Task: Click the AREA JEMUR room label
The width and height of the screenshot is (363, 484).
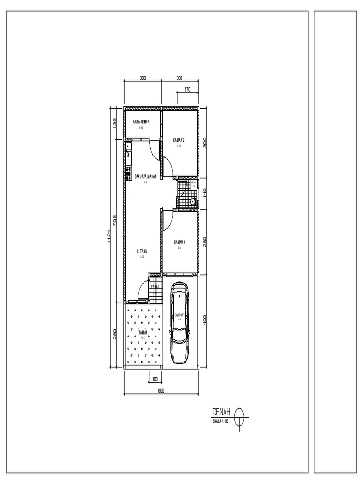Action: (x=141, y=121)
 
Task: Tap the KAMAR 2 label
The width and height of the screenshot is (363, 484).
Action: (x=179, y=140)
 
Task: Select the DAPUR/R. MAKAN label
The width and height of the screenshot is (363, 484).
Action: (x=146, y=176)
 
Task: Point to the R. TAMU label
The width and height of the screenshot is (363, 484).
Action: (x=142, y=251)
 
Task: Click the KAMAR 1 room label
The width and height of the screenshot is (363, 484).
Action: (x=180, y=242)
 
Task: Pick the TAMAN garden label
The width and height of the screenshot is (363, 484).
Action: (x=143, y=332)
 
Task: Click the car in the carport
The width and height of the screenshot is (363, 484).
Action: (x=180, y=322)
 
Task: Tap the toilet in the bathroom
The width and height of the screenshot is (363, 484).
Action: (x=193, y=202)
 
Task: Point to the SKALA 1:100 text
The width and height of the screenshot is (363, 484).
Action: (x=221, y=420)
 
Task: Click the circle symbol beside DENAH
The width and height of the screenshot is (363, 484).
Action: (x=240, y=414)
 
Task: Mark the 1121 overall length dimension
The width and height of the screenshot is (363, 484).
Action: (x=109, y=236)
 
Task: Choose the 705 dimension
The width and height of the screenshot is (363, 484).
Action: (x=115, y=220)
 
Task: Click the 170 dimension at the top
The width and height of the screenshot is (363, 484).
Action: (x=187, y=89)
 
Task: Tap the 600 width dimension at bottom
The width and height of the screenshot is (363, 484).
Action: (x=161, y=390)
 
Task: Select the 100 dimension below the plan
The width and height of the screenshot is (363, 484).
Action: (x=155, y=379)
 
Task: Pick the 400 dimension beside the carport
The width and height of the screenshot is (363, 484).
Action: (x=205, y=320)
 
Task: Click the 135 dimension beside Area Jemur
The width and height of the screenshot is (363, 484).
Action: (x=115, y=124)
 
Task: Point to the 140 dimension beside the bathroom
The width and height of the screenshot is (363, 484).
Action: (x=205, y=193)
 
